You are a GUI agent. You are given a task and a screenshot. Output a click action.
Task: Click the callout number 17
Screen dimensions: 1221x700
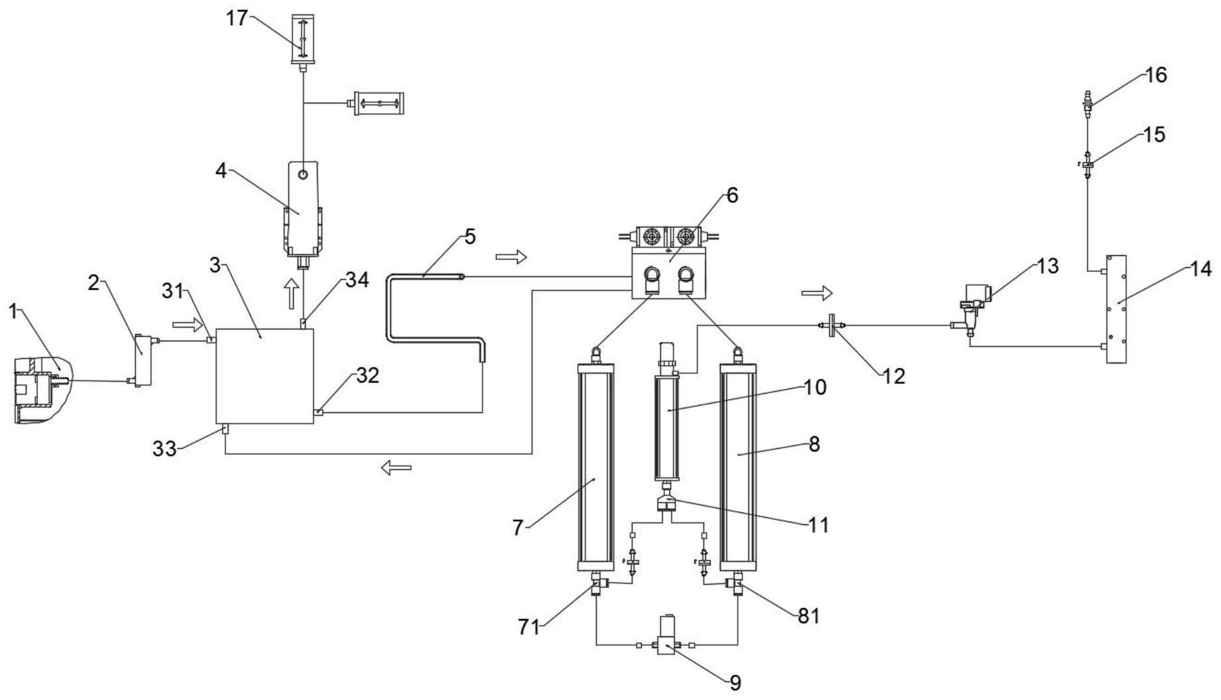pos(235,18)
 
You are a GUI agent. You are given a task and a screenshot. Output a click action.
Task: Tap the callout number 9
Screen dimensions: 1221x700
pos(734,683)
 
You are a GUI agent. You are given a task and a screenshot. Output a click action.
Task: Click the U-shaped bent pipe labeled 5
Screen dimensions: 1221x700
pos(435,319)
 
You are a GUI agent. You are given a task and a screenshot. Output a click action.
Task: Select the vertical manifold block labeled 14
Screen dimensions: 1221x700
pos(1116,309)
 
